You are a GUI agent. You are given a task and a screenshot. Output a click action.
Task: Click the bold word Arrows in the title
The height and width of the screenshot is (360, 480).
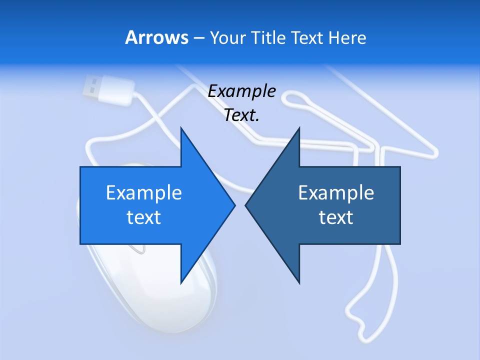(x=156, y=37)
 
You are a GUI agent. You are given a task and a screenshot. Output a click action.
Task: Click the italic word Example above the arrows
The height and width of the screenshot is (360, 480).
(x=242, y=91)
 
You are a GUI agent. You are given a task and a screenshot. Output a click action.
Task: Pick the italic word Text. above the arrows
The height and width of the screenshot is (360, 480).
(x=242, y=115)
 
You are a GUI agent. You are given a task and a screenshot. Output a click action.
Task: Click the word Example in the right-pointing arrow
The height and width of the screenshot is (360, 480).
(x=144, y=192)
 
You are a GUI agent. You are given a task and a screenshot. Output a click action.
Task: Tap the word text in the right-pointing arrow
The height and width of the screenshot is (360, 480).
(x=144, y=217)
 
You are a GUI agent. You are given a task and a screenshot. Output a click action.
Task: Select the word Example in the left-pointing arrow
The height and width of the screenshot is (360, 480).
(x=336, y=192)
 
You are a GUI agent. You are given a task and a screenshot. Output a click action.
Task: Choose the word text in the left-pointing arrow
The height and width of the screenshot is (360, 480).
(x=336, y=217)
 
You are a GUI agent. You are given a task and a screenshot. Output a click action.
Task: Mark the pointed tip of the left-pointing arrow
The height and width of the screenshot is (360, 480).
(x=246, y=205)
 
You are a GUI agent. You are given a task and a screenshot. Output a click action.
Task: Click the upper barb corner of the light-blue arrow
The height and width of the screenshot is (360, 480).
(x=181, y=128)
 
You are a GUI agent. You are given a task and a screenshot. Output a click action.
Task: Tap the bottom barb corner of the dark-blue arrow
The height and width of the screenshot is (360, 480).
(x=299, y=283)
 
